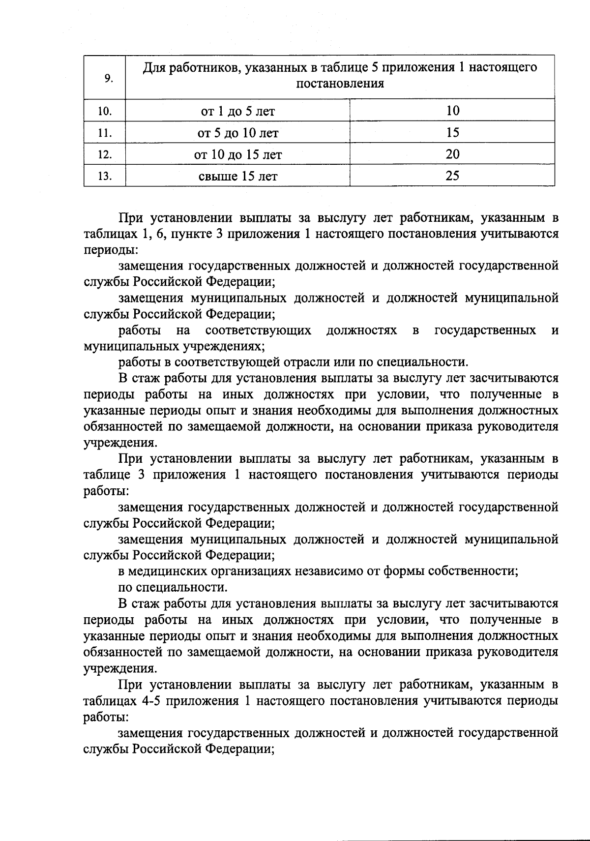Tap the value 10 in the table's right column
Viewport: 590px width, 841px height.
pyautogui.click(x=452, y=111)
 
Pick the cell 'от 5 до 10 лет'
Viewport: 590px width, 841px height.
pyautogui.click(x=238, y=133)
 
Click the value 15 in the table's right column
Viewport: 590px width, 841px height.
pyautogui.click(x=452, y=132)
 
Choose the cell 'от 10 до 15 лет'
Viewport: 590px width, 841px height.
pyautogui.click(x=238, y=155)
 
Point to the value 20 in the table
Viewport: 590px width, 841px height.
pyautogui.click(x=452, y=154)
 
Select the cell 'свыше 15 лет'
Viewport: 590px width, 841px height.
pyautogui.click(x=238, y=176)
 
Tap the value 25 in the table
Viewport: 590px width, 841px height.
pyautogui.click(x=452, y=176)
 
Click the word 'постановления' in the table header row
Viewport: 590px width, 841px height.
pyautogui.click(x=340, y=84)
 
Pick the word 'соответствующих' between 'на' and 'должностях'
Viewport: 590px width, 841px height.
pyautogui.click(x=258, y=330)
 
